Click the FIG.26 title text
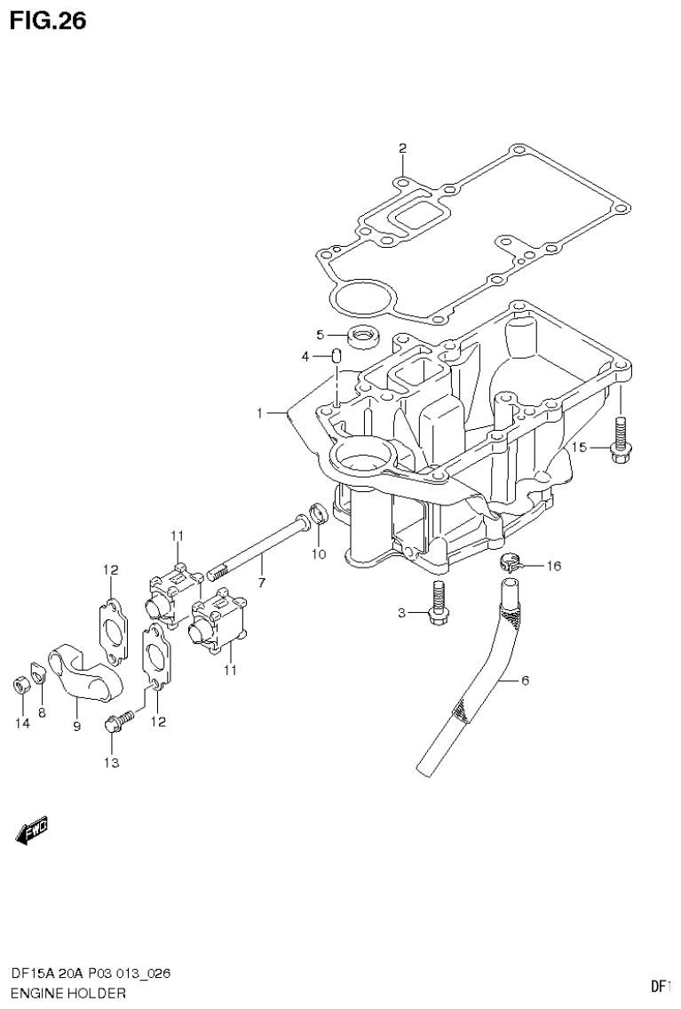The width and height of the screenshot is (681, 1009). click(48, 21)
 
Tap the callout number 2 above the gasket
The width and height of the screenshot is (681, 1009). click(402, 148)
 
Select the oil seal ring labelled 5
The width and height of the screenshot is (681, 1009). click(362, 336)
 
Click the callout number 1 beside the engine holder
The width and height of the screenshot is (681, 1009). click(260, 413)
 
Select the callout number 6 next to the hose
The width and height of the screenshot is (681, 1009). click(524, 680)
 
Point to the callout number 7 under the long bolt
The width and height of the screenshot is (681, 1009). click(261, 583)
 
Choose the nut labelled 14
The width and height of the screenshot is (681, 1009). click(19, 686)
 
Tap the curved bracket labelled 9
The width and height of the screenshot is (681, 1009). click(76, 679)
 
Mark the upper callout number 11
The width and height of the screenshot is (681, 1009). click(177, 535)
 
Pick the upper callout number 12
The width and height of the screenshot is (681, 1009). click(110, 569)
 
